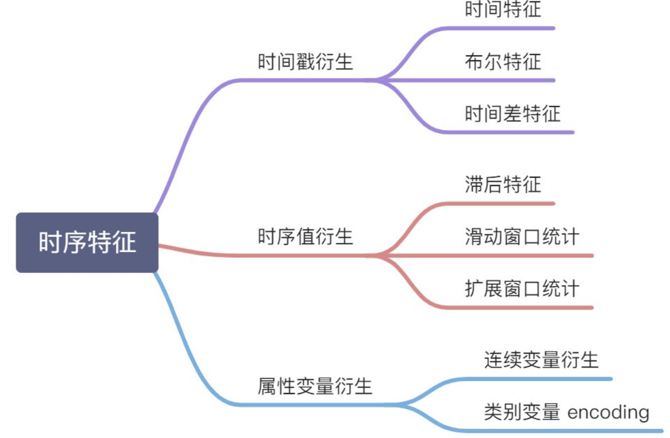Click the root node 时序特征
pos(87,242)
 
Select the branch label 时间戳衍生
pos(305,62)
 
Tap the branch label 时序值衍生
pos(305,236)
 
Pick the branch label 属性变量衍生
pos(315,386)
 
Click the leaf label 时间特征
pos(503,9)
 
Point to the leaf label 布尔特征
pos(503,62)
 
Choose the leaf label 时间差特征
pos(512,114)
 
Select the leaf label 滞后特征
pos(503,184)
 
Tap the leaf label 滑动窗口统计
pos(522,236)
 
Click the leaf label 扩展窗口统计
pos(522,288)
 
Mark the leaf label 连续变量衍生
pos(541,360)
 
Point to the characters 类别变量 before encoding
pos(522,412)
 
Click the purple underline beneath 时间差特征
pos(511,132)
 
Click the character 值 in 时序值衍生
pos(305,236)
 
